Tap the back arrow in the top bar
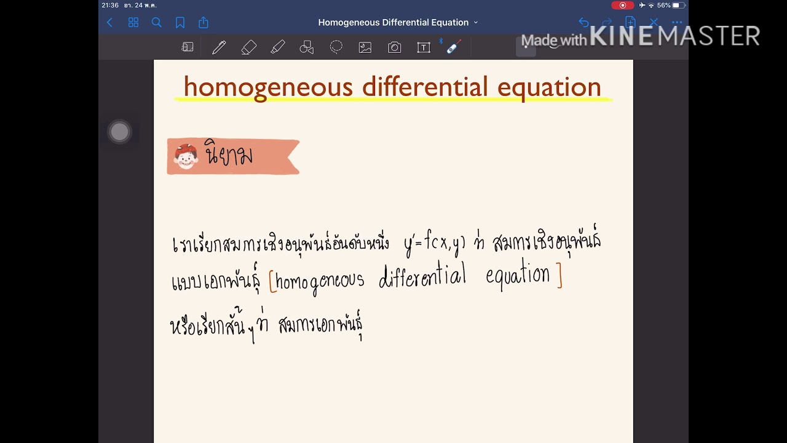pos(110,23)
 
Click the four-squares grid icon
pos(133,23)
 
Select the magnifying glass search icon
pos(157,23)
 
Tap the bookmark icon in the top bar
pos(180,23)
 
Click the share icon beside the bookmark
pos(204,23)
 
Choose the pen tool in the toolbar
pos(219,47)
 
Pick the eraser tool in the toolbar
pos(248,47)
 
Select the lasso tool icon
pos(336,47)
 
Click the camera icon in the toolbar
pos(395,47)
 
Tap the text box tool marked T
pos(424,47)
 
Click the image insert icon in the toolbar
pos(365,47)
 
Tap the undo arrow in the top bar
pos(583,23)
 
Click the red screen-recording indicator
pos(622,6)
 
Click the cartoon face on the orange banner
pos(186,156)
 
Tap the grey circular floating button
pos(120,132)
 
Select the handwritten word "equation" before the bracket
pos(518,276)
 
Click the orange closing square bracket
pos(559,277)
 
